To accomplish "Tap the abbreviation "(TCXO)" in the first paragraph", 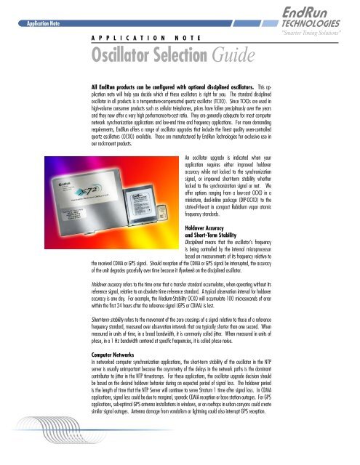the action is click(252, 103).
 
